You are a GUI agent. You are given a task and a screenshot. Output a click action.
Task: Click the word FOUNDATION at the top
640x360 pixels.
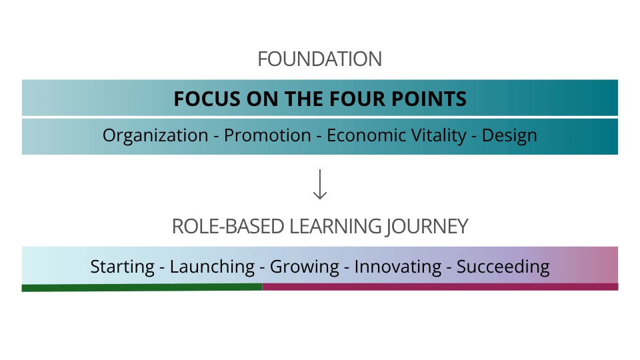click(x=320, y=59)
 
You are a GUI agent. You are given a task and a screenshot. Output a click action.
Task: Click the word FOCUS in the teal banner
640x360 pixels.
click(x=200, y=99)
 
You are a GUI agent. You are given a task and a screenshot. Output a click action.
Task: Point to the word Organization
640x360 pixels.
click(x=155, y=135)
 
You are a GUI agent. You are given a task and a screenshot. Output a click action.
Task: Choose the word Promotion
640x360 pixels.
click(x=267, y=135)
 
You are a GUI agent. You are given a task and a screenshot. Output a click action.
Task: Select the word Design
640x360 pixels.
click(x=509, y=135)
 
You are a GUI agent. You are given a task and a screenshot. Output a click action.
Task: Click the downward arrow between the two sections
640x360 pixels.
click(x=320, y=185)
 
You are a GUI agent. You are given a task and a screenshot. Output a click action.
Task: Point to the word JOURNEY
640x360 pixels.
click(x=427, y=226)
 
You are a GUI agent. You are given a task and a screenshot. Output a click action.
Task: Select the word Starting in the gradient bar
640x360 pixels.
click(x=123, y=267)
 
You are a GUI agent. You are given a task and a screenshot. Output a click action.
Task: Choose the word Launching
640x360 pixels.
click(x=212, y=267)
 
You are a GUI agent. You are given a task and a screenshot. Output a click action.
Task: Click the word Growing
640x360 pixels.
click(x=305, y=267)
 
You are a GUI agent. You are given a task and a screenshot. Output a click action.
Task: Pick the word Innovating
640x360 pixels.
click(x=398, y=267)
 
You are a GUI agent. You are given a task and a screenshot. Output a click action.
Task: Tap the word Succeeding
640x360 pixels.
click(x=503, y=267)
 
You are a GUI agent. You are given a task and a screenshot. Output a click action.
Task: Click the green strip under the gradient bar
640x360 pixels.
click(x=141, y=287)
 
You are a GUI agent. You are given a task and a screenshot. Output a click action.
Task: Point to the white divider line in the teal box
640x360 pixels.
click(x=320, y=117)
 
